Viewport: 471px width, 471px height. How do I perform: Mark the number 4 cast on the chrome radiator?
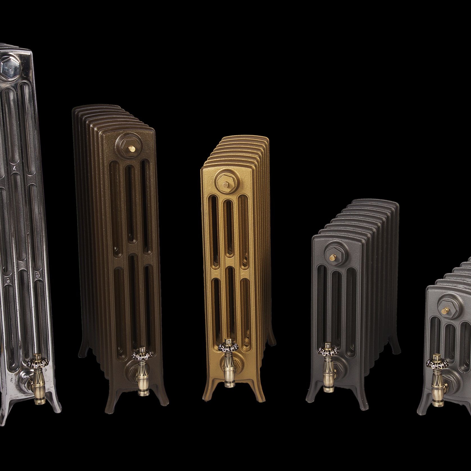[x=12, y=169]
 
